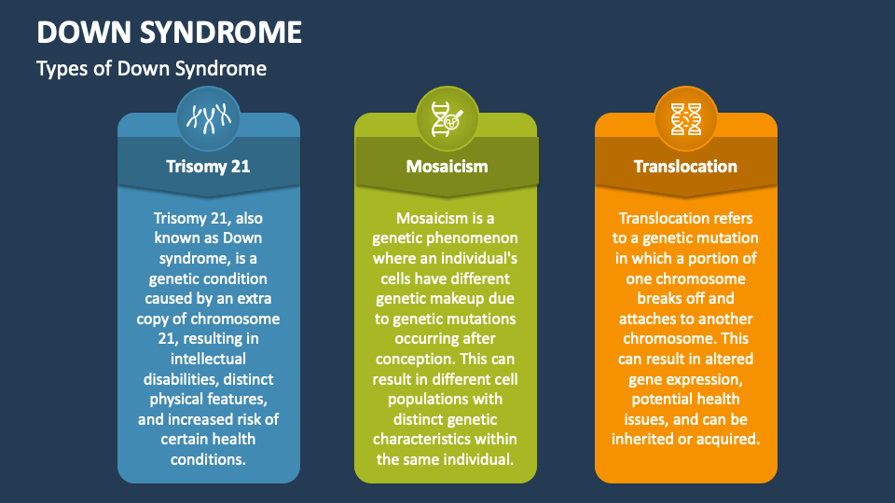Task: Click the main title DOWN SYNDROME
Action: (x=169, y=33)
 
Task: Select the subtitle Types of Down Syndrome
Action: (x=151, y=69)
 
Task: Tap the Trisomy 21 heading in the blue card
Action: (x=208, y=167)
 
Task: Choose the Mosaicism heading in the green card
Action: (x=447, y=167)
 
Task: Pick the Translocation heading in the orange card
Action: (x=685, y=167)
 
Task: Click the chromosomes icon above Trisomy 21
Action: (x=208, y=118)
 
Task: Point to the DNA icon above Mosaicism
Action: (x=447, y=118)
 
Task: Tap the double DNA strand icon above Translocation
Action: (x=685, y=118)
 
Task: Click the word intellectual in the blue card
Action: (x=208, y=359)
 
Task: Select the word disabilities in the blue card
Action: (x=180, y=379)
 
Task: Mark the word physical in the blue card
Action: (x=176, y=400)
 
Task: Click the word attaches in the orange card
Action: (x=649, y=319)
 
